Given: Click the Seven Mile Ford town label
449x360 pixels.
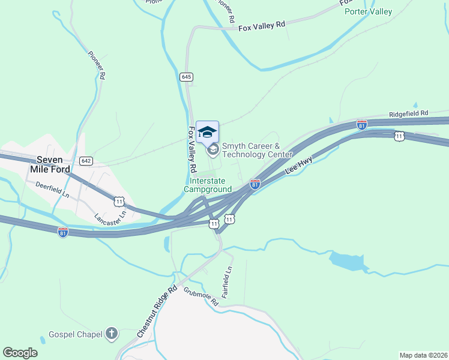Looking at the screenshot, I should pyautogui.click(x=53, y=164).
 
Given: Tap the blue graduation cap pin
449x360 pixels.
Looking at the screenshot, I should pyautogui.click(x=207, y=132).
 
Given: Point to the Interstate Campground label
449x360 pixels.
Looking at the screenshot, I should pyautogui.click(x=211, y=185).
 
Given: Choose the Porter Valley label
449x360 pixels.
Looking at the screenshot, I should pyautogui.click(x=368, y=11).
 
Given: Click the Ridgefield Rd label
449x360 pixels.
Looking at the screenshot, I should pyautogui.click(x=408, y=113).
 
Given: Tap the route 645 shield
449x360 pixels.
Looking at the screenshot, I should pyautogui.click(x=186, y=77).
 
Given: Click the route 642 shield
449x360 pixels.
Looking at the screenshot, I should pyautogui.click(x=86, y=160).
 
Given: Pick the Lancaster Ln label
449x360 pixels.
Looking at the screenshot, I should pyautogui.click(x=111, y=214).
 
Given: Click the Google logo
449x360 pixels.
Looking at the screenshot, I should pyautogui.click(x=20, y=353).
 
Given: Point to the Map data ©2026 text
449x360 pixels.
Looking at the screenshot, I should pyautogui.click(x=423, y=355).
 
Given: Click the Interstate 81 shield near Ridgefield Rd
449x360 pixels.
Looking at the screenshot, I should pyautogui.click(x=362, y=125).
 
